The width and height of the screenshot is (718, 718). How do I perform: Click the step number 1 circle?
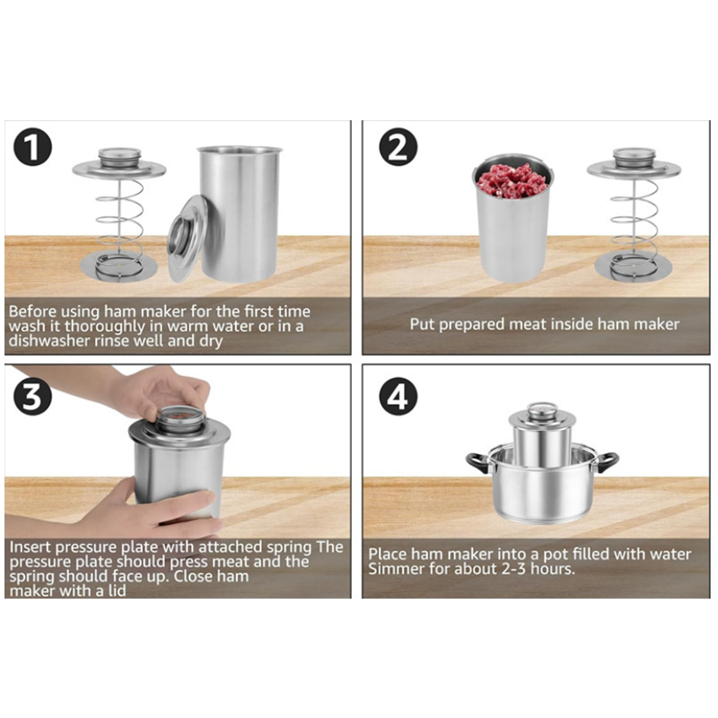coord(32,147)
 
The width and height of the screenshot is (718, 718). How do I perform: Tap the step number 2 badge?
coord(398,147)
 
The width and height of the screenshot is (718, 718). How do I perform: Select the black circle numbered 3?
coord(32,396)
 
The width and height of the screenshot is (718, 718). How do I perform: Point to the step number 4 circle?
coord(398,396)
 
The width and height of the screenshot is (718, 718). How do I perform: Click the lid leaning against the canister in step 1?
coord(188,238)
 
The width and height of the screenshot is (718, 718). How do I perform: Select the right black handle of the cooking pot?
coord(607,462)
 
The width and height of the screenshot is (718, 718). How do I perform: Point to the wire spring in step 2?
coord(634,220)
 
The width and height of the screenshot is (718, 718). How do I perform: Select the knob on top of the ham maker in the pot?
coord(541,409)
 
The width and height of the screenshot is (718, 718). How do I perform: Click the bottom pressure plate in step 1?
coord(119,267)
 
